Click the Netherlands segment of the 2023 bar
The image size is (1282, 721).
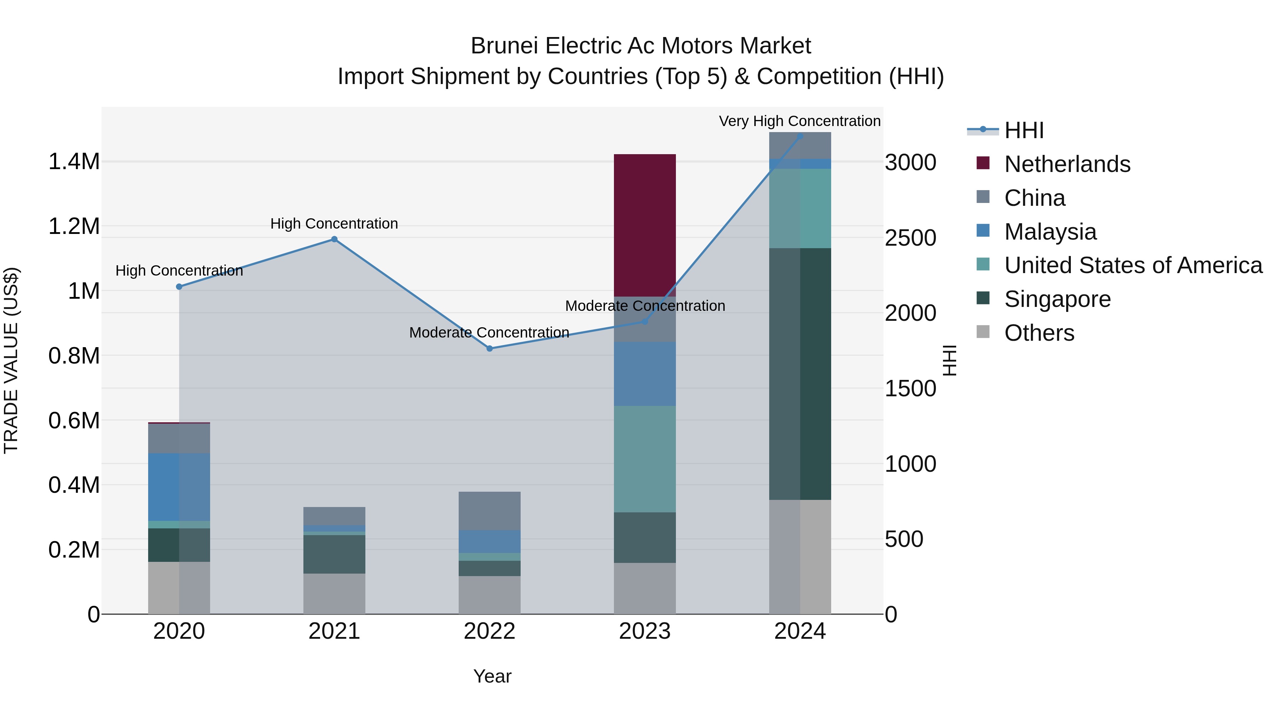645,225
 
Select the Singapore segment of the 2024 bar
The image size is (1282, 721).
800,373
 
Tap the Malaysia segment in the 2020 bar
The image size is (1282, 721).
179,487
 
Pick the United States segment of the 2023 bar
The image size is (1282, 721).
645,459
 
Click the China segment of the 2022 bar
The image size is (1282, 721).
489,511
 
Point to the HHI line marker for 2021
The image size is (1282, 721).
334,239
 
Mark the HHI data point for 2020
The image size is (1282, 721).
179,287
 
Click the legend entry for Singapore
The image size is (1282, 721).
1057,299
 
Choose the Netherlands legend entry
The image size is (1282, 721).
1067,164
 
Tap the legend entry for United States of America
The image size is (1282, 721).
1133,265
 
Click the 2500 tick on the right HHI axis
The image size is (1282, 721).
910,238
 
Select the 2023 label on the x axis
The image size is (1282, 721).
645,631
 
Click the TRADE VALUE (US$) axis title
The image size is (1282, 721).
11,360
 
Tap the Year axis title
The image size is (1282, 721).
492,676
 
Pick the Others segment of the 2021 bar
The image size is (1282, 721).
334,594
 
